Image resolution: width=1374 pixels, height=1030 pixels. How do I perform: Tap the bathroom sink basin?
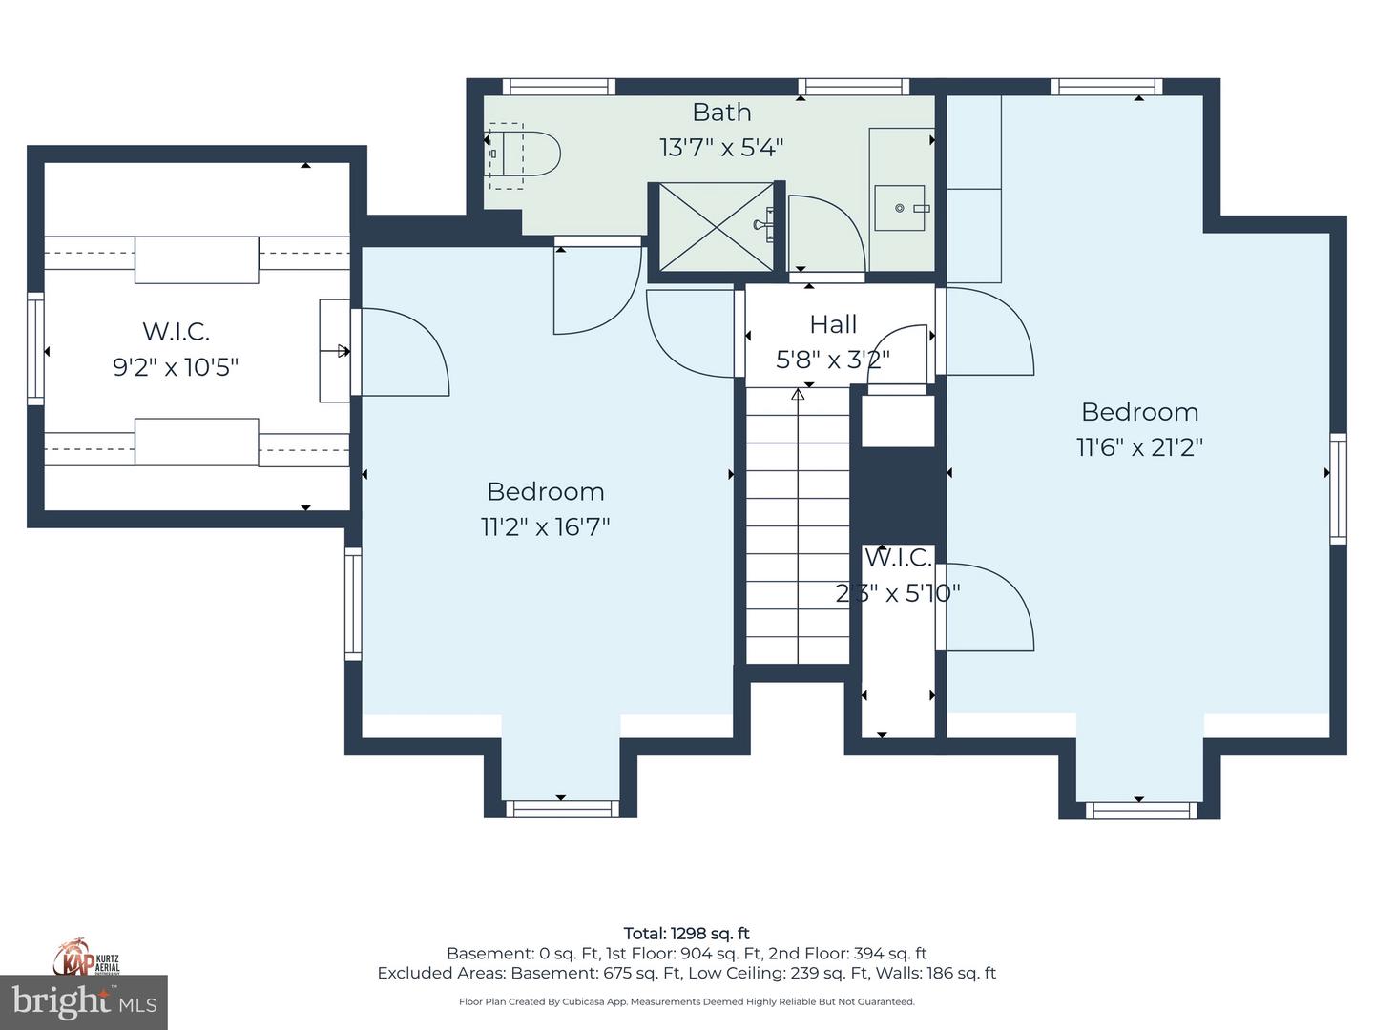(x=899, y=208)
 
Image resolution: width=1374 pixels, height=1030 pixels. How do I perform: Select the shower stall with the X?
(x=716, y=227)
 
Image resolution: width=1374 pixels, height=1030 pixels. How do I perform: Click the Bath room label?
(x=721, y=113)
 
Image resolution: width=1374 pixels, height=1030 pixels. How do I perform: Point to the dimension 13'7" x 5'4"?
(x=721, y=148)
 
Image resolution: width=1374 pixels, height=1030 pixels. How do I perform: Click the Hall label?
(x=833, y=324)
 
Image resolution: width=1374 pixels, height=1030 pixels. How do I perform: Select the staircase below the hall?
(x=798, y=525)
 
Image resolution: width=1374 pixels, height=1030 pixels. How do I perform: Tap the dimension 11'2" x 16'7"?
(x=545, y=526)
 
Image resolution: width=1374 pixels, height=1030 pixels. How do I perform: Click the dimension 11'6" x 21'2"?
(x=1139, y=447)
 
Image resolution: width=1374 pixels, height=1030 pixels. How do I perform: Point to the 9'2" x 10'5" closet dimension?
(x=176, y=367)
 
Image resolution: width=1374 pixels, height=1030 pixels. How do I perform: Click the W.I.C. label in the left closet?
(x=176, y=331)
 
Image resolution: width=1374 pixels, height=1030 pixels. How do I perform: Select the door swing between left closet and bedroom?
(x=401, y=353)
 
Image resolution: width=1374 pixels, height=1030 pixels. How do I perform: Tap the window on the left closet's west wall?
(x=35, y=347)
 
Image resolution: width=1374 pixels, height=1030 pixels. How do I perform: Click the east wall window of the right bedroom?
(x=1338, y=488)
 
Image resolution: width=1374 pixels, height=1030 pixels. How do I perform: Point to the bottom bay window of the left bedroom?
(x=560, y=809)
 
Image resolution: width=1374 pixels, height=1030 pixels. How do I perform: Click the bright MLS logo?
(x=84, y=1001)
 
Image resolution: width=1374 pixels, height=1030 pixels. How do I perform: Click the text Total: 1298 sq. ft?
(x=686, y=934)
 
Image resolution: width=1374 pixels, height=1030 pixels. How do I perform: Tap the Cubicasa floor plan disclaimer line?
(x=686, y=1001)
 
